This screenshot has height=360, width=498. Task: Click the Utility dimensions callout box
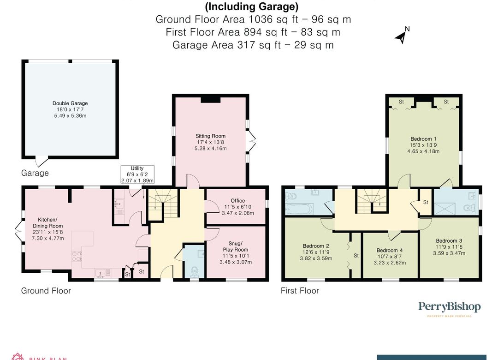click(137, 174)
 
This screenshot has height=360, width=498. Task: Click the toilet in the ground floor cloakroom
click(195, 271)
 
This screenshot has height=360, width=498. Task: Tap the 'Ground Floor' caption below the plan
click(46, 291)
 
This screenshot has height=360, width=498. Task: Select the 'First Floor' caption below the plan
click(300, 291)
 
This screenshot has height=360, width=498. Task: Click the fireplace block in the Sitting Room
click(211, 100)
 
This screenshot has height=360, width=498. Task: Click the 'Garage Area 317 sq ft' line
click(253, 45)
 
